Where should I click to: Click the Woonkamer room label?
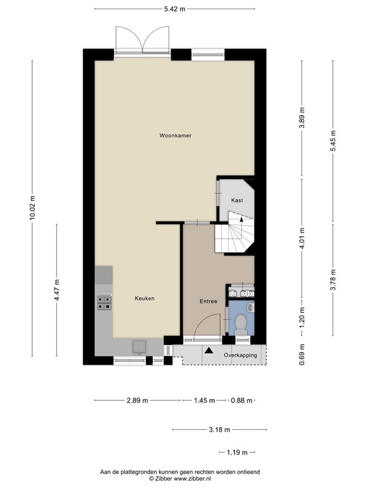[x=176, y=136]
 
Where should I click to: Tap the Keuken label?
[x=144, y=298]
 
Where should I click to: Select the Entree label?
[x=208, y=301]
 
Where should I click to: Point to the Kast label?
[x=237, y=200]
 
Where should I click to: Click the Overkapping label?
[x=241, y=355]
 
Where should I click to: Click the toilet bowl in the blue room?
[x=241, y=324]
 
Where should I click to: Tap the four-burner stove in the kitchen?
[x=105, y=303]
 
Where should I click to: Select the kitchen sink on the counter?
[x=140, y=347]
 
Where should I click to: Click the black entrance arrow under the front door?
[x=209, y=350]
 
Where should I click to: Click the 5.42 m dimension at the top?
[x=175, y=9]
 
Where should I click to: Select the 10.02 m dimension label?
[x=32, y=208]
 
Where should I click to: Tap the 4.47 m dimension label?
[x=56, y=290]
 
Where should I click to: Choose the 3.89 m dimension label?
[x=302, y=118]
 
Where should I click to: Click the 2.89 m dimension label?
[x=138, y=400]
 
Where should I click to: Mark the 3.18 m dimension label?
[x=219, y=429]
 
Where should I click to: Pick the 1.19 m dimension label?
[x=237, y=452]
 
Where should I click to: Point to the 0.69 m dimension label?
[x=302, y=354]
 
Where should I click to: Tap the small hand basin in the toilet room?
[x=251, y=308]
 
